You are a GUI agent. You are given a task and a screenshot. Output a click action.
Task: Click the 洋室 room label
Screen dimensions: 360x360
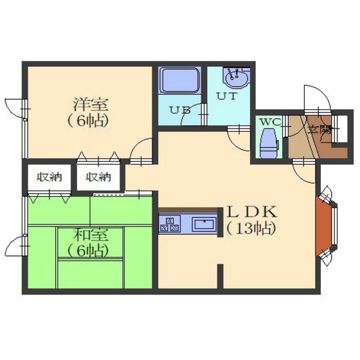point(91,105)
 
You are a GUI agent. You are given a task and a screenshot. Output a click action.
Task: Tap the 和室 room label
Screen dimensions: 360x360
point(91,235)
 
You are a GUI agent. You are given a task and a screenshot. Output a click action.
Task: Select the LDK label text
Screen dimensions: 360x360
point(251,212)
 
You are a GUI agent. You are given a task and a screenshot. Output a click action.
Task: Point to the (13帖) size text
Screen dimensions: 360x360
point(251,229)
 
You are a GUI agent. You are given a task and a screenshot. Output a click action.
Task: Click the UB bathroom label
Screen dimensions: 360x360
point(180,111)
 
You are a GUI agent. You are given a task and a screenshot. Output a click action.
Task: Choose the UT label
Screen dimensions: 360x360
point(226,96)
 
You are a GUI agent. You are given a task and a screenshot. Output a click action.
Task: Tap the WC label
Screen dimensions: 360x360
point(270,122)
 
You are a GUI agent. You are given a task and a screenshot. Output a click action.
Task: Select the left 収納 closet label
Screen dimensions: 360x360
point(50,177)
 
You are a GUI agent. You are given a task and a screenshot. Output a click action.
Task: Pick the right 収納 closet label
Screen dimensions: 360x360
point(98,177)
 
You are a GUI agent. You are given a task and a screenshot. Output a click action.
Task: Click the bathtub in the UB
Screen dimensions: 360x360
point(180,80)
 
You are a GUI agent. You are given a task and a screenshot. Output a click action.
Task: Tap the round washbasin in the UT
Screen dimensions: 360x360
point(237,78)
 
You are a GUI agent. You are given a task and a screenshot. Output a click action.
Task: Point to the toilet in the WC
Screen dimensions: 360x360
point(269,143)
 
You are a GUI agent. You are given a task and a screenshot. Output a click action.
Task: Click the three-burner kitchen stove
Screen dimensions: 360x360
point(170,224)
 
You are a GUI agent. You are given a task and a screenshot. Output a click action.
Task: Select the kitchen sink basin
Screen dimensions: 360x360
point(204,224)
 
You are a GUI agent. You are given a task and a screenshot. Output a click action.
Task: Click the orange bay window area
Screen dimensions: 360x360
point(323,226)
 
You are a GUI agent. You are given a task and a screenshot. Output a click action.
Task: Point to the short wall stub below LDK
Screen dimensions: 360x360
point(220,276)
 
